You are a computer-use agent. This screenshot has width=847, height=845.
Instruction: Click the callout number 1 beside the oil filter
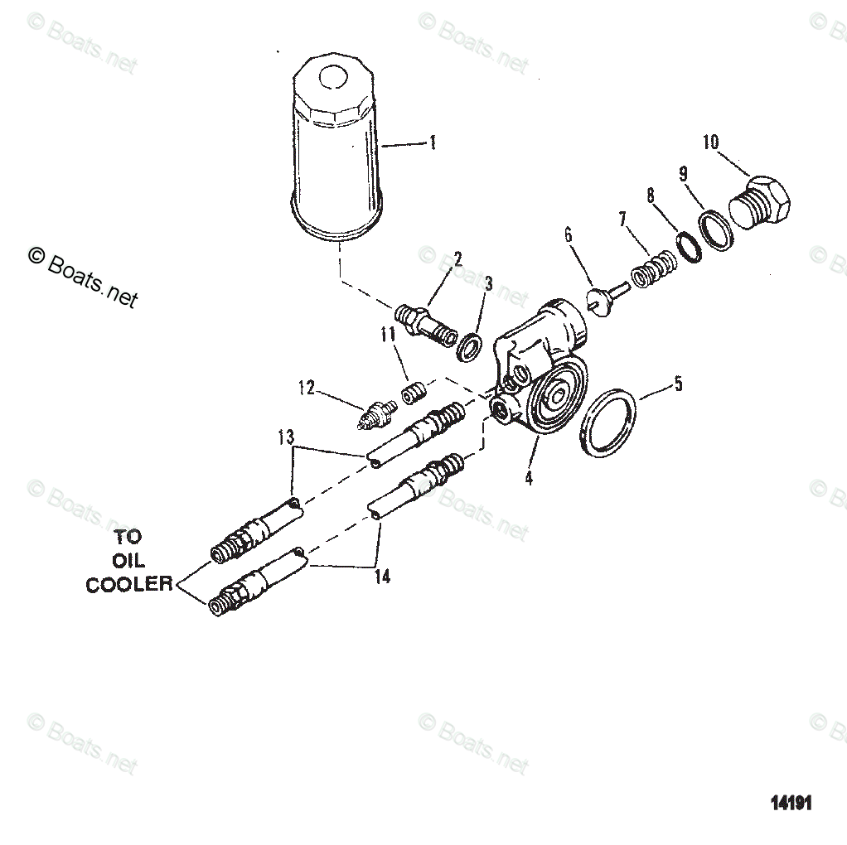click(x=432, y=143)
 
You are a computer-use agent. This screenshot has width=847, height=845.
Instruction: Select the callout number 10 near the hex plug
click(x=710, y=142)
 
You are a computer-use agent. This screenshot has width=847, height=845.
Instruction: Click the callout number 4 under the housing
click(x=529, y=478)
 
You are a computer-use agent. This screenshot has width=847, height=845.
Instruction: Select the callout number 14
click(x=381, y=577)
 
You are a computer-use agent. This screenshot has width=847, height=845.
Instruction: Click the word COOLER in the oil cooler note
click(x=129, y=584)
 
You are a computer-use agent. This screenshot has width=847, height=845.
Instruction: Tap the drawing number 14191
click(x=791, y=804)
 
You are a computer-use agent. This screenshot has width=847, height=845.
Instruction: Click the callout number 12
click(x=307, y=387)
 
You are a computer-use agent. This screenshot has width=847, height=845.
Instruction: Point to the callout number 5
click(x=678, y=384)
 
